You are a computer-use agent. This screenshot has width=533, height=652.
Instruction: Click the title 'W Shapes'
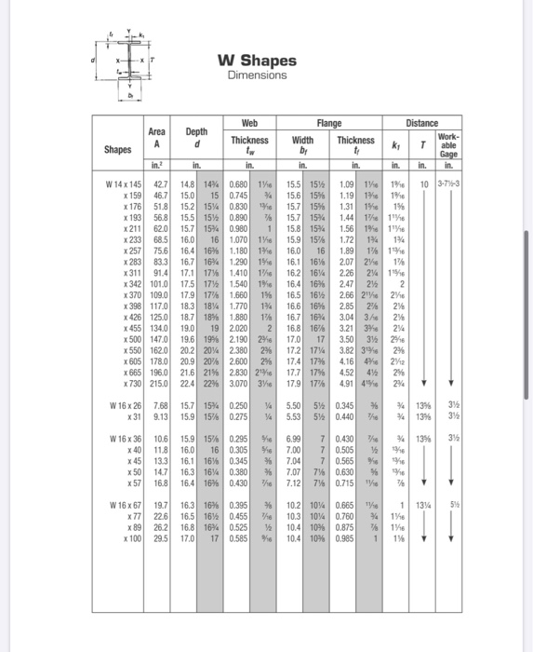[x=257, y=61]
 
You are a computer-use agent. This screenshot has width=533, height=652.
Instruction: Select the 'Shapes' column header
[x=118, y=148]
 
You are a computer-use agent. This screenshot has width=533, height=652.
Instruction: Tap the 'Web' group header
[x=249, y=122]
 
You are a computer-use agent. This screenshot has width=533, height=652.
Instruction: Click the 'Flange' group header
[x=329, y=122]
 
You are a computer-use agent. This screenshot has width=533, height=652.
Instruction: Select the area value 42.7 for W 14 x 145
[x=158, y=184]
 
